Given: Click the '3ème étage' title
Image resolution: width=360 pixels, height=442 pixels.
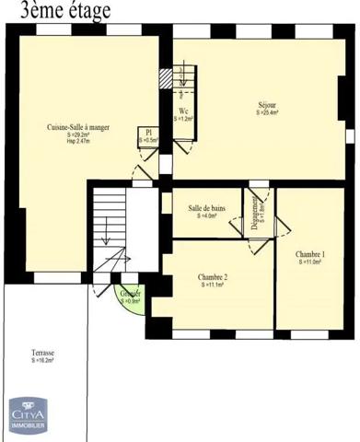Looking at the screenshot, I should (x=58, y=11).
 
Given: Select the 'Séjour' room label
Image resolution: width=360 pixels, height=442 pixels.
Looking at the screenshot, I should (x=267, y=105).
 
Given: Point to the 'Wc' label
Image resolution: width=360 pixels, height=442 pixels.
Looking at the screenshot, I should (x=183, y=111).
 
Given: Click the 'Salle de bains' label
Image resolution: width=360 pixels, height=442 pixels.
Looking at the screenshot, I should (x=207, y=208).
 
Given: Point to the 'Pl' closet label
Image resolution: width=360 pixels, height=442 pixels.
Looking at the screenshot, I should (x=148, y=132).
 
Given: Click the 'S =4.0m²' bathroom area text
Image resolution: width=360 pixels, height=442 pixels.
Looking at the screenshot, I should (x=207, y=216).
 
